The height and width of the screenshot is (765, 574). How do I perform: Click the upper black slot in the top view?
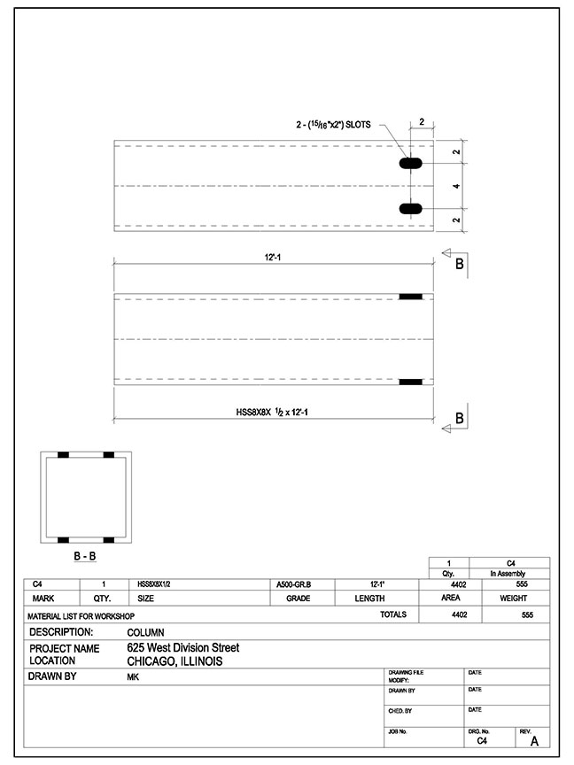click(x=410, y=164)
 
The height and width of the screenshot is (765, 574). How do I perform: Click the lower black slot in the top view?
click(x=410, y=208)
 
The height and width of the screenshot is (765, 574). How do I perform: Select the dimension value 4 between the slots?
click(x=455, y=187)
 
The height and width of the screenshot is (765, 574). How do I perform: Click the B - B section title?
click(x=85, y=556)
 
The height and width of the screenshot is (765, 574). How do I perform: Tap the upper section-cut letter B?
click(x=460, y=264)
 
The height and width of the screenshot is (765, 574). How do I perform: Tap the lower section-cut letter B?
click(x=460, y=417)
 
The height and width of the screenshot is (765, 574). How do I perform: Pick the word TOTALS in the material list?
click(x=393, y=614)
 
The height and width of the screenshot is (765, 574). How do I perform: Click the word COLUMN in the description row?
click(x=145, y=633)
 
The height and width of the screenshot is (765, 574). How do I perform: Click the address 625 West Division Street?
click(x=182, y=648)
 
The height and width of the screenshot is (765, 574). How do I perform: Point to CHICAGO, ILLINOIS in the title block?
click(x=175, y=661)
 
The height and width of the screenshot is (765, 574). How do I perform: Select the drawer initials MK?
click(x=134, y=677)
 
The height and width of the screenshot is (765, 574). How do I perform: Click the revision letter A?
click(x=533, y=741)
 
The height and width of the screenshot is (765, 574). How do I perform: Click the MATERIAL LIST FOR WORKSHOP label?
click(x=81, y=614)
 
